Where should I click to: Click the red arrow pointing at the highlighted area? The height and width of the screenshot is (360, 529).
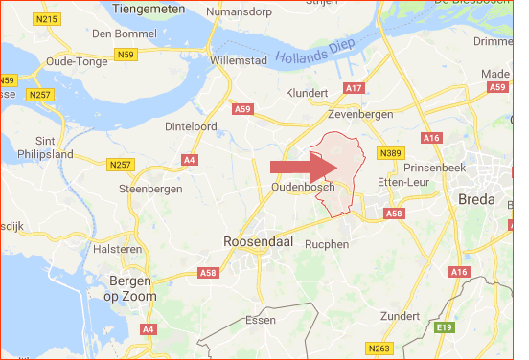coord(299,168)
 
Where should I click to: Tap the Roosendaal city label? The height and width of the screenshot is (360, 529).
coord(259,242)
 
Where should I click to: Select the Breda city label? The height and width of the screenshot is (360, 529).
coord(476,200)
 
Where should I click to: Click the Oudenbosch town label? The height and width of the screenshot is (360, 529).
coord(302,187)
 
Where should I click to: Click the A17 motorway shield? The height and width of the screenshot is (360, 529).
coord(353,89)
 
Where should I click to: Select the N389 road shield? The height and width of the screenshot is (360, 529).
coord(389,154)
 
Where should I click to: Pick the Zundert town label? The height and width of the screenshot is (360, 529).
coord(401,315)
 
